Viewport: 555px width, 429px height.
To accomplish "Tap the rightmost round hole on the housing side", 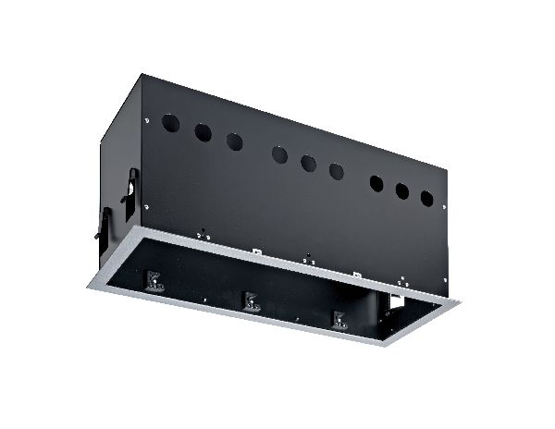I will pos(426,198).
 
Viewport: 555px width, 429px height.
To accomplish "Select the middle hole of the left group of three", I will pos(203,132).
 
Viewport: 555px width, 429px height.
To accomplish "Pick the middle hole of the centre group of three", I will pos(308,163).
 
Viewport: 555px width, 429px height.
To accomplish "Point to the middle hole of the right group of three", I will pos(402,191).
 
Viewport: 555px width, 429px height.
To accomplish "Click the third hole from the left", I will pos(234,141).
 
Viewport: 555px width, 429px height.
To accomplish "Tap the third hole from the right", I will pos(376,183).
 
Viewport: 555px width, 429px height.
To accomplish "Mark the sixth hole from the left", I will pos(337,171).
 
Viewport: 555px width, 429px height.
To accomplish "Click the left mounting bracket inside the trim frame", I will pos(154,282).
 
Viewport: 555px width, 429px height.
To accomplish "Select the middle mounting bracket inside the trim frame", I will pos(250,302).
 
